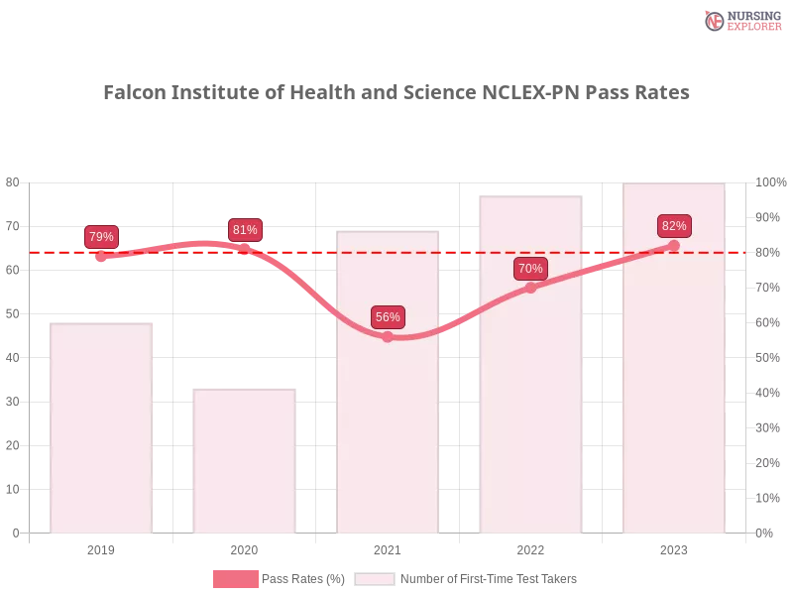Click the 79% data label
(x=101, y=237)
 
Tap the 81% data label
(x=245, y=230)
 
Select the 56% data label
(x=388, y=317)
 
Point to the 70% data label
(x=530, y=269)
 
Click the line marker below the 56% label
(x=388, y=337)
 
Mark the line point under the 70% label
(x=530, y=288)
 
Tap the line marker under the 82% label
(x=674, y=245)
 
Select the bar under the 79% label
(x=103, y=426)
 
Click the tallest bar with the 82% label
(x=674, y=397)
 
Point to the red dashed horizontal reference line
(x=456, y=252)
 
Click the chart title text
(x=396, y=92)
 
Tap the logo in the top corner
(x=740, y=21)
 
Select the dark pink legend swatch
(x=235, y=579)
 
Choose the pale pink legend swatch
(x=375, y=579)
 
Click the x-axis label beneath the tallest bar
(x=674, y=547)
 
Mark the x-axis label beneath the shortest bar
(x=246, y=547)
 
